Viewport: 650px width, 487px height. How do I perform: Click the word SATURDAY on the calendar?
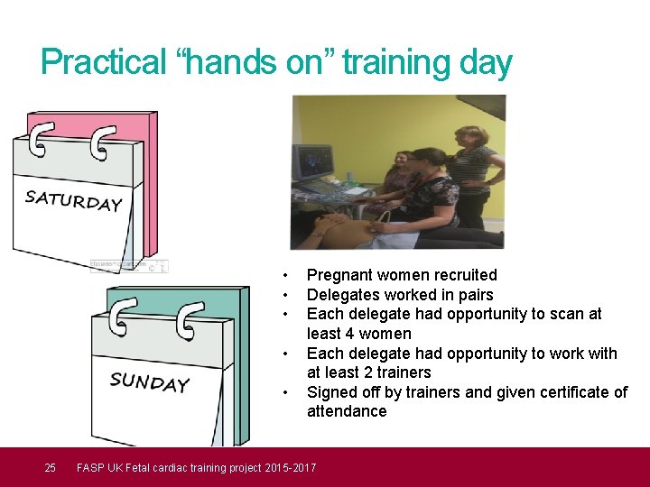pos(73,200)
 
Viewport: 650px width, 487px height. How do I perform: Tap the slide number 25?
pos(51,467)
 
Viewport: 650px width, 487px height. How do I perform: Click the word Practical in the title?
pos(104,63)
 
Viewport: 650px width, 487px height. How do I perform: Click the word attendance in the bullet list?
pos(347,411)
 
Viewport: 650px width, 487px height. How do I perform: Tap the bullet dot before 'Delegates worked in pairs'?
pos(285,295)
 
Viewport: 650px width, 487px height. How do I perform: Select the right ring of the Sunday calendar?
pos(190,324)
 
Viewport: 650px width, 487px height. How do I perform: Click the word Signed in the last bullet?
pos(332,392)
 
